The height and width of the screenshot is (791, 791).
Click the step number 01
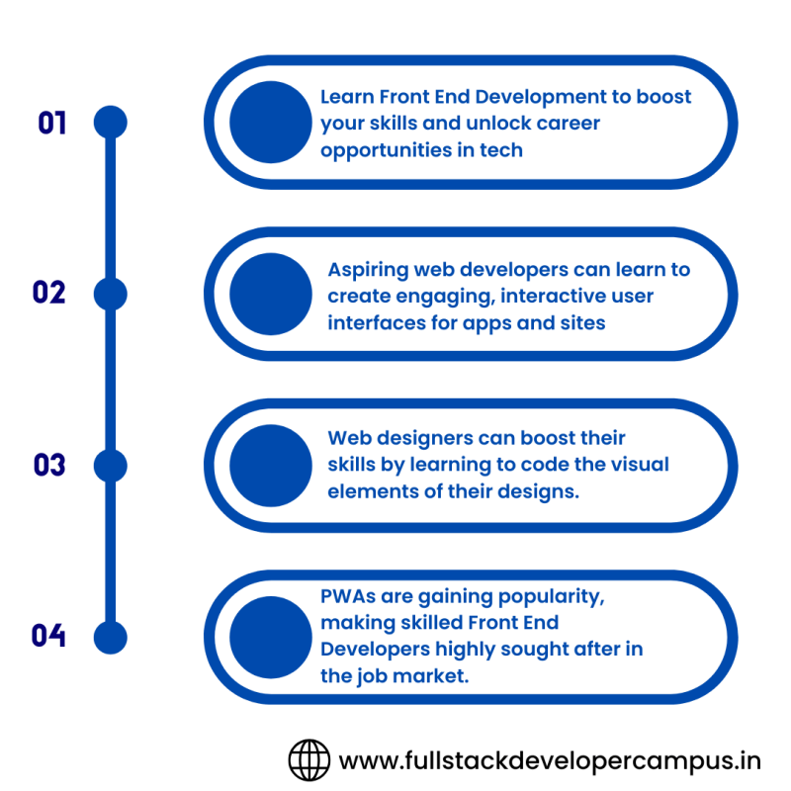(51, 123)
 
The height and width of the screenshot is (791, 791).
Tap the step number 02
(48, 293)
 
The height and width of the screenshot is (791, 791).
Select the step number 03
(48, 465)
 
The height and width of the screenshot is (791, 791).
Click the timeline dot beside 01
(110, 123)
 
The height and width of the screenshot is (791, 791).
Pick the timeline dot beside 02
(110, 294)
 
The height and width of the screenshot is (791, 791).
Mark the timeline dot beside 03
(110, 465)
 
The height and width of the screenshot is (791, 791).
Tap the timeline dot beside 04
(110, 636)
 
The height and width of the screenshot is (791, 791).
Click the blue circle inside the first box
(270, 123)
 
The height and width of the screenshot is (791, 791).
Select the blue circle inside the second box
(270, 294)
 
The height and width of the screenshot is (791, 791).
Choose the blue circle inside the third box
(270, 465)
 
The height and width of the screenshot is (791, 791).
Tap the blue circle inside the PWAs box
(270, 636)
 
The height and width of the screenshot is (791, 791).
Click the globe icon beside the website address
(308, 759)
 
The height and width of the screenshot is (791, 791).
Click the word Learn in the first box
(347, 97)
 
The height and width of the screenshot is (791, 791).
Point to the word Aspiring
(368, 270)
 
